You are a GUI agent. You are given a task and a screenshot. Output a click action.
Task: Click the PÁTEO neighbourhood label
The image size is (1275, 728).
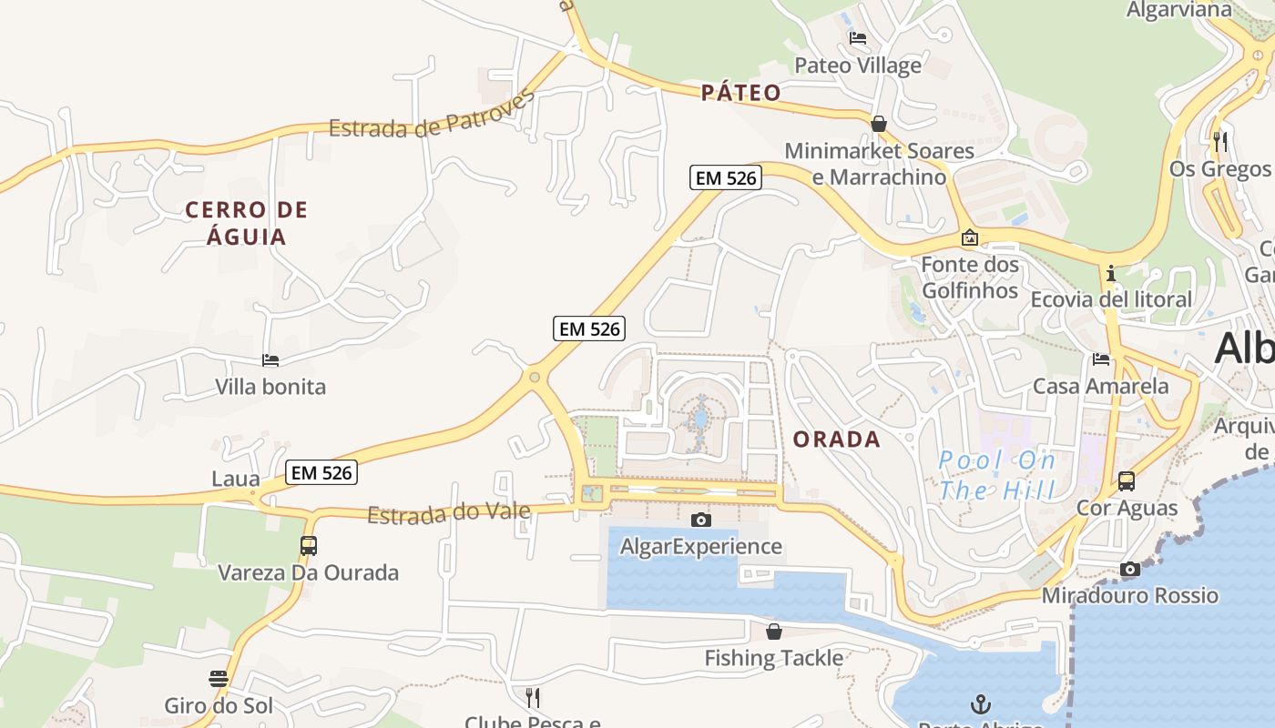(x=741, y=92)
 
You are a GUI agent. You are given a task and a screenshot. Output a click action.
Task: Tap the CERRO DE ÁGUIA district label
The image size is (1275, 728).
(x=247, y=223)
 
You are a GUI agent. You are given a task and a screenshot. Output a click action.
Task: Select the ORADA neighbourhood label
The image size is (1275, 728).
(x=837, y=440)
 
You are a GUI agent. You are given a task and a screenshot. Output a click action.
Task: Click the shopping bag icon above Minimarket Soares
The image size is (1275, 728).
(x=879, y=123)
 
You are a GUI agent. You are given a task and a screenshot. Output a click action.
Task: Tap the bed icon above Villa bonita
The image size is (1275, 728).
(x=270, y=360)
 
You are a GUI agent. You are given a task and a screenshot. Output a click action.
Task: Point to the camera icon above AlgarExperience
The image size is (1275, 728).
(x=700, y=520)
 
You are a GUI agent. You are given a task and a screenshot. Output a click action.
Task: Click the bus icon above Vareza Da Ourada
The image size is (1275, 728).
(x=309, y=546)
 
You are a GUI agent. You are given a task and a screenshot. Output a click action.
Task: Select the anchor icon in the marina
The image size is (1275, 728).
(x=980, y=703)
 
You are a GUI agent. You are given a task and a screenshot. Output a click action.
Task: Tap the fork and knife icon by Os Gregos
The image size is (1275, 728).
(x=1220, y=141)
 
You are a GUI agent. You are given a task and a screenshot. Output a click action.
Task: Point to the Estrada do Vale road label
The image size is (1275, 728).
(x=448, y=513)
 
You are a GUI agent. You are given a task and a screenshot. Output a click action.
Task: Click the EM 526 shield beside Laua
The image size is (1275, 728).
(x=321, y=472)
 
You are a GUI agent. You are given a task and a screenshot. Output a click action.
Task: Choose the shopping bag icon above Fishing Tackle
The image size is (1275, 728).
(x=774, y=631)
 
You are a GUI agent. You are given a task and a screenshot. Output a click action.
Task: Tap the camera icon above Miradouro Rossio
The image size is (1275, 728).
(x=1129, y=570)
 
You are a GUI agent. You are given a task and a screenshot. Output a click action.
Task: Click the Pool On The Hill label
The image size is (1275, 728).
(x=997, y=475)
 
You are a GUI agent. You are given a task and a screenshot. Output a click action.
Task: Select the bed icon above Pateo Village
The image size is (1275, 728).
(x=857, y=38)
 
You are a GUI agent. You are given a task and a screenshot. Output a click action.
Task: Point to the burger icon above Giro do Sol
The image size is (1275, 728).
(x=219, y=678)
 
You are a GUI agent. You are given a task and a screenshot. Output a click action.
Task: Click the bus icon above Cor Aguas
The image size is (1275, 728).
(x=1127, y=480)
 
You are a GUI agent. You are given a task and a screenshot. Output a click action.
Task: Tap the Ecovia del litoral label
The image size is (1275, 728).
(x=1111, y=298)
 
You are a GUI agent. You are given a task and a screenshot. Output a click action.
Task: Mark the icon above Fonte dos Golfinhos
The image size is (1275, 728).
(x=970, y=238)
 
